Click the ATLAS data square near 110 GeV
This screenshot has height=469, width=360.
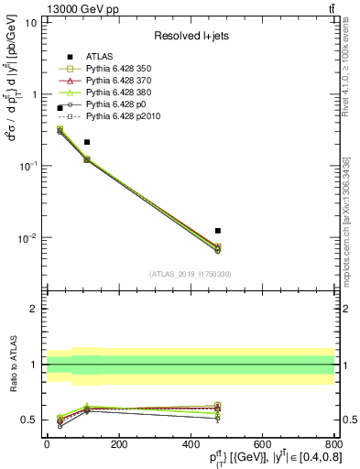click(x=87, y=142)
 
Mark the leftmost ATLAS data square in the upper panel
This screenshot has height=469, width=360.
click(x=60, y=108)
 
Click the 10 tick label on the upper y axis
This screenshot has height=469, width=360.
click(x=31, y=23)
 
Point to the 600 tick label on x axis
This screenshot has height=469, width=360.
click(x=262, y=443)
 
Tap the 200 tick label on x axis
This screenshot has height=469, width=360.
click(x=118, y=443)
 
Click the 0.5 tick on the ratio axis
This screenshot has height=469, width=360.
click(x=28, y=420)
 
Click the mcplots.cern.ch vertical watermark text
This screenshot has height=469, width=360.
click(x=345, y=221)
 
